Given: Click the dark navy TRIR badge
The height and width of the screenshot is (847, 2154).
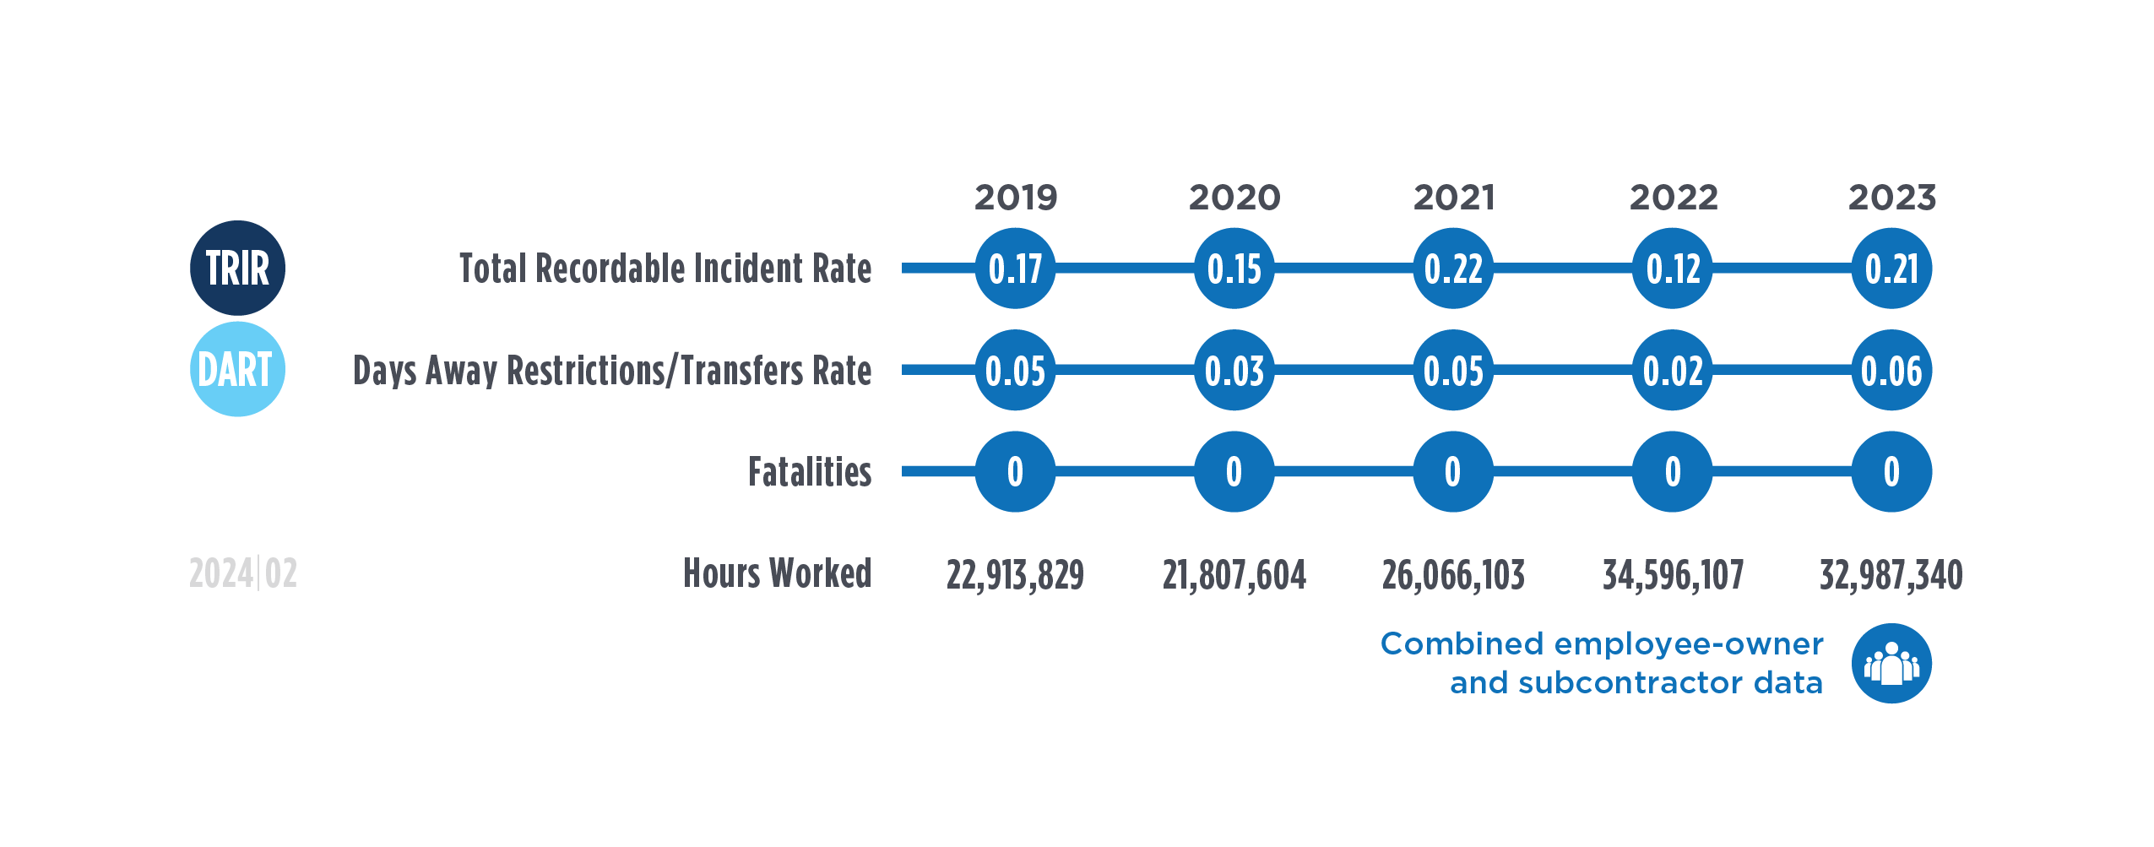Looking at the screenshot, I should tap(237, 269).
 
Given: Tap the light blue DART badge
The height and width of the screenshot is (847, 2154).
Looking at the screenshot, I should tap(237, 370).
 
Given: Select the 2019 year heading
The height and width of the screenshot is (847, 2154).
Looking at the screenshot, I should tap(1016, 198).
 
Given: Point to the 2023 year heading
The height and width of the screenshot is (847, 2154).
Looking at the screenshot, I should tap(1891, 198).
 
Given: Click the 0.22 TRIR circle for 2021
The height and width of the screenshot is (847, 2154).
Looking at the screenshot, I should tap(1453, 269).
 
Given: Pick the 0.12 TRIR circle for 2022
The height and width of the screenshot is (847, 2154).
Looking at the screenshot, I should tap(1673, 269).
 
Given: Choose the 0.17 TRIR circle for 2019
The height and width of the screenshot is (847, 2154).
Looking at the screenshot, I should tap(1016, 269).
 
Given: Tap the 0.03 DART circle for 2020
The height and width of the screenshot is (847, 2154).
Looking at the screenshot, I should tap(1234, 371).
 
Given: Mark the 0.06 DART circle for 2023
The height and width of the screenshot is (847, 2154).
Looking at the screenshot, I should tap(1891, 371).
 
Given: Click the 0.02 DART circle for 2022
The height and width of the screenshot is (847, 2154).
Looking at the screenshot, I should tap(1673, 371).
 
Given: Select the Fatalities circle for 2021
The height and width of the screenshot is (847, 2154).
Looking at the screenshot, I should tap(1453, 471).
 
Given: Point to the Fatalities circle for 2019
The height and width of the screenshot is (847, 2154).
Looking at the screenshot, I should tap(1016, 471).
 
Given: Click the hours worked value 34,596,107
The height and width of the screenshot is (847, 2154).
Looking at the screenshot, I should tap(1673, 575).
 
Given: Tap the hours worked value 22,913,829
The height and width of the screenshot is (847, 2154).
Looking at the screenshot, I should tap(1015, 575).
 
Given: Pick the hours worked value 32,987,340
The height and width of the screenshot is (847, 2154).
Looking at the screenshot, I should tap(1891, 575).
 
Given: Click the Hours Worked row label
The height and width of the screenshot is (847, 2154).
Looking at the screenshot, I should tap(777, 573).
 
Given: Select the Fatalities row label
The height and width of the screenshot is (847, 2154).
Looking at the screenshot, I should tap(810, 472).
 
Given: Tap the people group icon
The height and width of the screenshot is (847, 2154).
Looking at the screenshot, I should tap(1891, 664).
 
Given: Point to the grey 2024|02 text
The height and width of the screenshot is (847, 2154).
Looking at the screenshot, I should tap(243, 574).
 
